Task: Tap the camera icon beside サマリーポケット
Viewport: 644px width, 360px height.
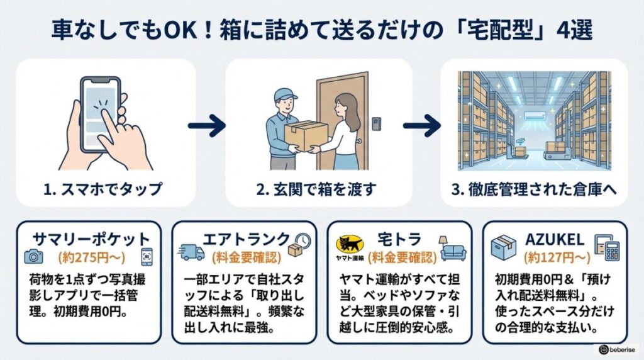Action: [32, 256]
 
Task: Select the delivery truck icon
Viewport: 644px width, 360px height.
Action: [192, 252]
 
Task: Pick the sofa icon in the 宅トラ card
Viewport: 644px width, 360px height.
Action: [453, 250]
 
